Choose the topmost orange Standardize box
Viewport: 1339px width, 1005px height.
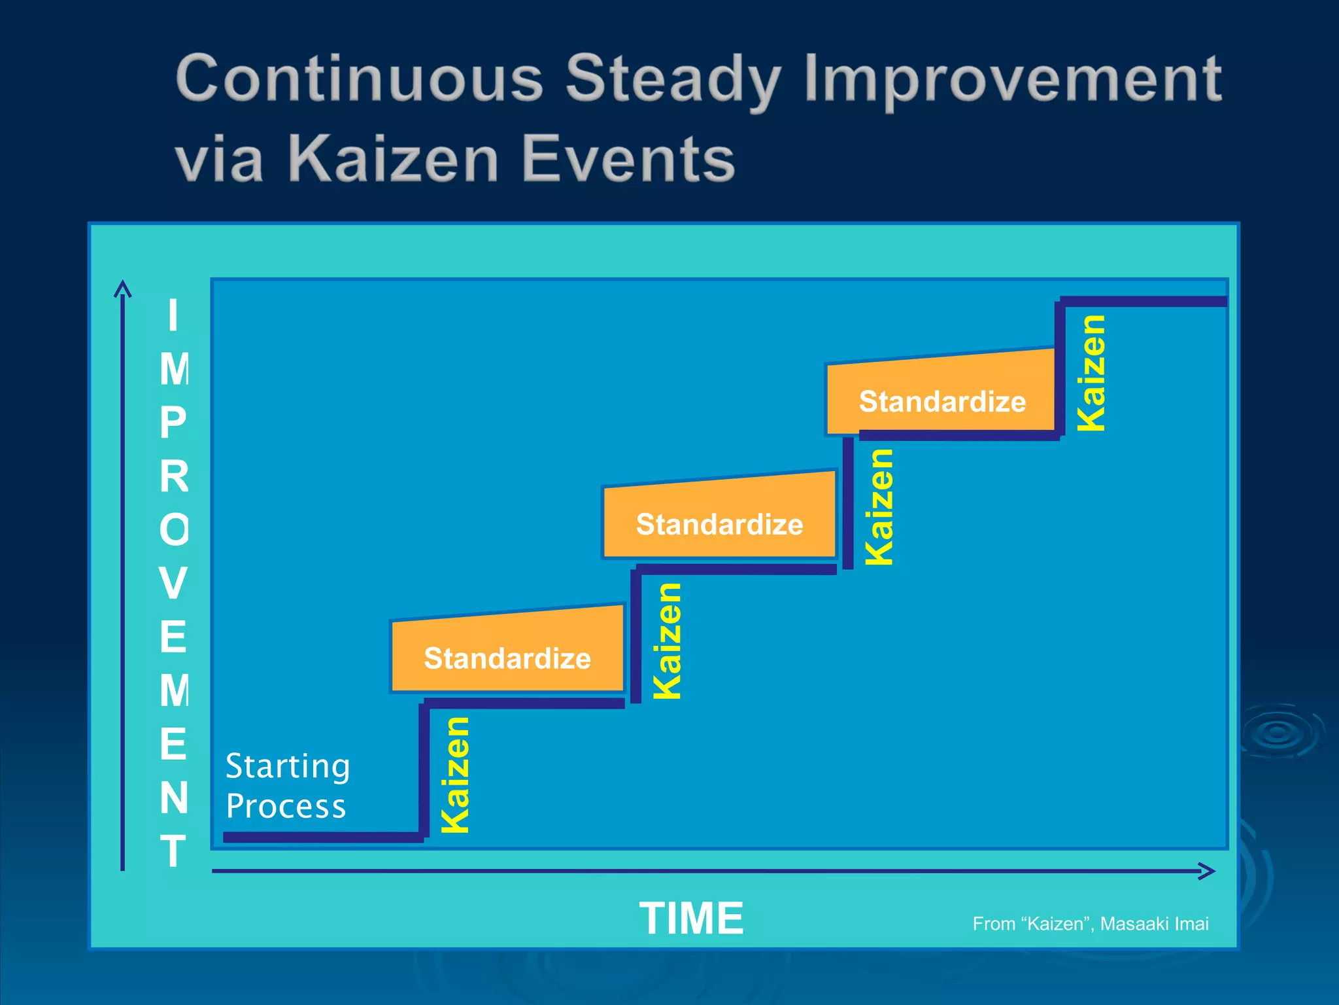coord(941,395)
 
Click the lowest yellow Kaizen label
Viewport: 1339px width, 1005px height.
coord(456,775)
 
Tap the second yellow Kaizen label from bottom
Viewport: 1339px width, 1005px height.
coord(668,641)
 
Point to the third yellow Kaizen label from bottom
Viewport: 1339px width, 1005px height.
coord(879,507)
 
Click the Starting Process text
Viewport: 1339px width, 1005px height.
coord(287,786)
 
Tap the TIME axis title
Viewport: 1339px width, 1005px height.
coord(691,918)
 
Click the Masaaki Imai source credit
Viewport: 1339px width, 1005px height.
coord(1090,924)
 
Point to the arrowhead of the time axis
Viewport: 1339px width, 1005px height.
coord(1208,871)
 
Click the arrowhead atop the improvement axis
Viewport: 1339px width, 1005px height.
coord(122,288)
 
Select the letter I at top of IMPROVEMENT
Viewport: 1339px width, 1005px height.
coord(173,315)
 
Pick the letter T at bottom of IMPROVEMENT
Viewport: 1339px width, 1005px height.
coord(173,851)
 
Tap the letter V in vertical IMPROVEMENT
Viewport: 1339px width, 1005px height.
coord(173,583)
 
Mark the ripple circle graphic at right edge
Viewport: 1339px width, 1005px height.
coord(1278,732)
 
